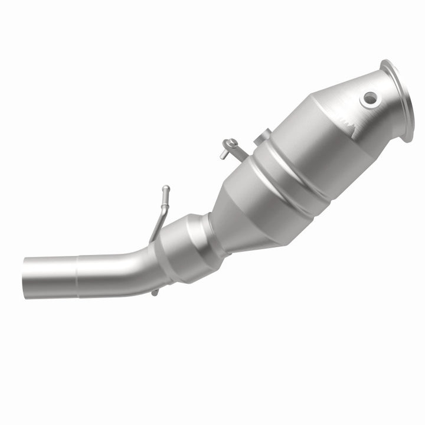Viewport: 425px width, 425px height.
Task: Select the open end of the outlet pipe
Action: [27, 277]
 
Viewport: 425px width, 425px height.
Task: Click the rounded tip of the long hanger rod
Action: [166, 189]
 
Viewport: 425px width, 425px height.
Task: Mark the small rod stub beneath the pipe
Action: [154, 292]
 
